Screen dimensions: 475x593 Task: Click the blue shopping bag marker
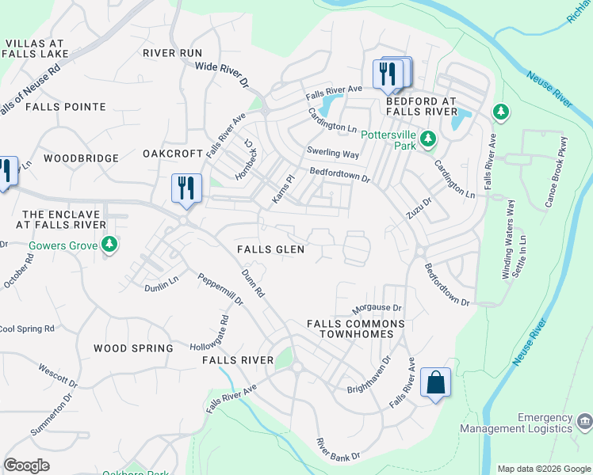point(436,383)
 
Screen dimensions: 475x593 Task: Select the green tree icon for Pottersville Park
point(428,140)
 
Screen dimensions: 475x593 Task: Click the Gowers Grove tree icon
point(110,245)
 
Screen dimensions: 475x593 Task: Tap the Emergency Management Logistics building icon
point(584,420)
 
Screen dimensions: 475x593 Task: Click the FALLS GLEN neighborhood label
point(271,249)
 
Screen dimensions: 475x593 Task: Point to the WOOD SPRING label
point(133,348)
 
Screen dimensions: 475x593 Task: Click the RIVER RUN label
point(173,53)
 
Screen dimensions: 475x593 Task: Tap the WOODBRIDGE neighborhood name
point(81,158)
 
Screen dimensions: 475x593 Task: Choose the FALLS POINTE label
point(66,106)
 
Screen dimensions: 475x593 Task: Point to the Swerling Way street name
point(333,153)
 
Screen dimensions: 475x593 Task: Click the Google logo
point(27,465)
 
